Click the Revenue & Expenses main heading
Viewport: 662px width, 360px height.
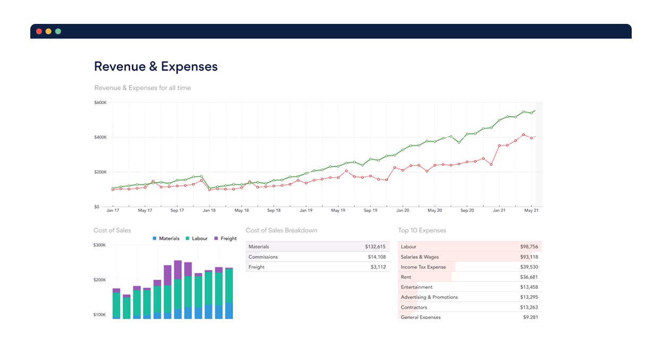156,66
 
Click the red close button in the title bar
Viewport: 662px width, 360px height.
39,31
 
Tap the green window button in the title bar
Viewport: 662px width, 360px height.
58,31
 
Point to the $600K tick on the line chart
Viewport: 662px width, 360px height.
100,102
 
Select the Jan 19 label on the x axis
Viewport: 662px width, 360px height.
306,211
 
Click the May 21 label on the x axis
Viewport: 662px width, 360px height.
532,211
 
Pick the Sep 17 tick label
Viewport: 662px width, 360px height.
177,211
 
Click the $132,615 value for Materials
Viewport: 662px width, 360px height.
375,247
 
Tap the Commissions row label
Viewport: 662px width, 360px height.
263,257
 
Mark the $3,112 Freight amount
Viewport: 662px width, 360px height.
378,267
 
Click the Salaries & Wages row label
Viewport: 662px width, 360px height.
420,257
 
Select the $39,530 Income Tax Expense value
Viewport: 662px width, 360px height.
529,267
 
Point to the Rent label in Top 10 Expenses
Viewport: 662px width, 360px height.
406,277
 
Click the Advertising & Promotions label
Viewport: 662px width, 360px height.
429,297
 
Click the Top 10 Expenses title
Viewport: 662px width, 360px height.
422,230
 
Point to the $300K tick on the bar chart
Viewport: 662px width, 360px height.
100,245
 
